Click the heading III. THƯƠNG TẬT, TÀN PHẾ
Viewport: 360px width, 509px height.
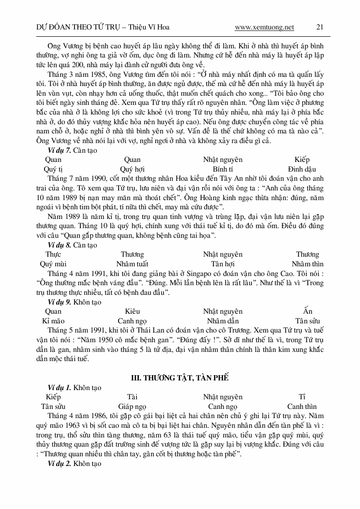(x=180, y=377)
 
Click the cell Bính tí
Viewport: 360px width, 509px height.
(x=223, y=169)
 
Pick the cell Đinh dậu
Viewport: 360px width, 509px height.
(x=301, y=169)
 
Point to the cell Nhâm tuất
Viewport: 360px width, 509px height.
(x=132, y=264)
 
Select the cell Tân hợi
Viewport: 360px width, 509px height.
(x=223, y=264)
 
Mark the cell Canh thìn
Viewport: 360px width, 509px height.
(x=302, y=407)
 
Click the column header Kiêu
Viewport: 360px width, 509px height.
(x=132, y=311)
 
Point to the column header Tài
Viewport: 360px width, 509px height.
(x=132, y=397)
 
